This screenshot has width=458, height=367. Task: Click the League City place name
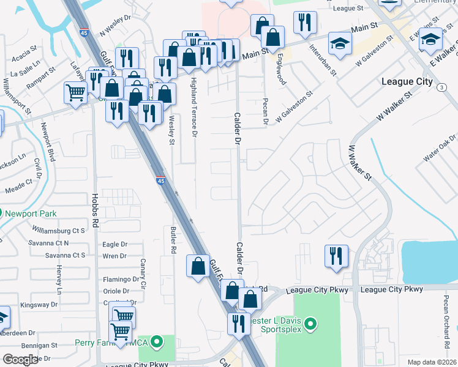click(x=407, y=81)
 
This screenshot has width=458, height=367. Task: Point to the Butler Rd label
click(x=173, y=239)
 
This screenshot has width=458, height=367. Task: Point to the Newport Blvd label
click(x=48, y=142)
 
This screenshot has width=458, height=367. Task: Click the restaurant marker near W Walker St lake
click(x=336, y=256)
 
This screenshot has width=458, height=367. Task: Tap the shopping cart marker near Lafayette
click(x=75, y=93)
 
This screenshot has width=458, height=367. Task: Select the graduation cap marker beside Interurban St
click(x=339, y=43)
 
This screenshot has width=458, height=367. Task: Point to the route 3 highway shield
click(x=441, y=88)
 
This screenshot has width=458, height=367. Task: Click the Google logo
click(x=20, y=360)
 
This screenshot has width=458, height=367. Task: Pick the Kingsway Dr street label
click(x=39, y=304)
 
